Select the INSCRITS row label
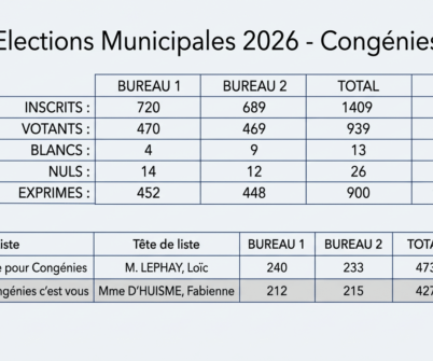click(x=57, y=107)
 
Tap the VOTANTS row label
click(x=56, y=129)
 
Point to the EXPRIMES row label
click(x=54, y=193)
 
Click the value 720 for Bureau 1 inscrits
click(x=148, y=107)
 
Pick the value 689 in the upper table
click(x=254, y=107)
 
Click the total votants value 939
click(x=358, y=129)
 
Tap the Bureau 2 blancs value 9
click(x=254, y=150)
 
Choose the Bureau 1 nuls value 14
click(x=148, y=172)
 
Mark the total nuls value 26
click(x=358, y=172)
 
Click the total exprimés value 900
click(x=358, y=193)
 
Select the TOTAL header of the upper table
click(x=358, y=86)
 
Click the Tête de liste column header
click(x=166, y=245)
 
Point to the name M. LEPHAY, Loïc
click(x=166, y=268)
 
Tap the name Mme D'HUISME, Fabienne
click(x=166, y=291)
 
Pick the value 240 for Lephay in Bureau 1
click(x=277, y=268)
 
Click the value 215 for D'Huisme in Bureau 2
click(x=353, y=291)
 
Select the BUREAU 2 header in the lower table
click(x=353, y=245)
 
